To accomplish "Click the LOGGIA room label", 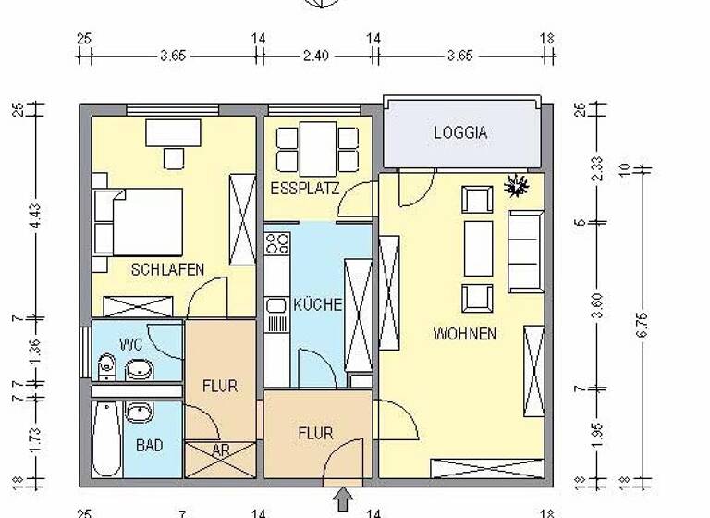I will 459,133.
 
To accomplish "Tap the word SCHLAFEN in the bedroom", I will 167,269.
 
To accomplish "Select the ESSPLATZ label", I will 304,189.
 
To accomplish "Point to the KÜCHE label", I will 318,304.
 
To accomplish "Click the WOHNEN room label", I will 464,333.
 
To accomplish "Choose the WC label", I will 130,344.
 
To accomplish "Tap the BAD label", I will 149,445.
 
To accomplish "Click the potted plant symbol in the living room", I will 514,186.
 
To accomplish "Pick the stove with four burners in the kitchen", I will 276,244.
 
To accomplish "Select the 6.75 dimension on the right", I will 644,319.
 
